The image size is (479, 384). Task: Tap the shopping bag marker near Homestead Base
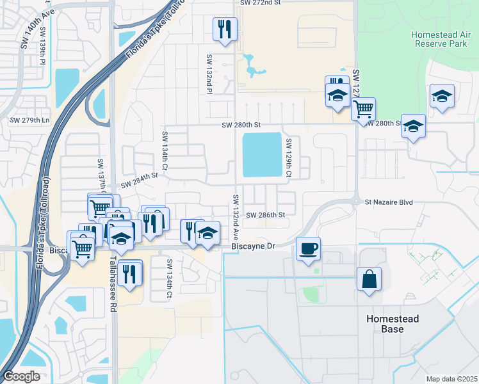(x=369, y=279)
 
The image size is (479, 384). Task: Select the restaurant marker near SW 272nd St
(x=225, y=29)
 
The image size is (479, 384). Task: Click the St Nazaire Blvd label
(x=386, y=202)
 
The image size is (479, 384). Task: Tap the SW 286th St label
(x=265, y=215)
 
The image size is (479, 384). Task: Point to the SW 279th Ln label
(x=29, y=120)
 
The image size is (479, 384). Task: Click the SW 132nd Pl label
(x=209, y=74)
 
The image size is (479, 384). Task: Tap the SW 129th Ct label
(x=289, y=157)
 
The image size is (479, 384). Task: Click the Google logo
(x=21, y=376)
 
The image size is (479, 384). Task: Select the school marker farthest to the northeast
(x=442, y=96)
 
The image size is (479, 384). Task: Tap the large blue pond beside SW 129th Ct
(x=262, y=155)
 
